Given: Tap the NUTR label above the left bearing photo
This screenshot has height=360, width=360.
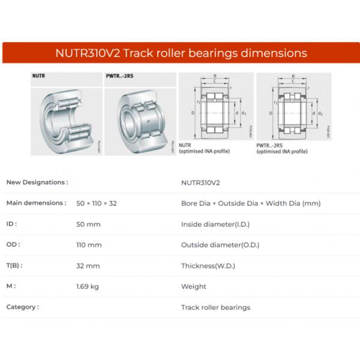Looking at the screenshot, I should [x=39, y=77].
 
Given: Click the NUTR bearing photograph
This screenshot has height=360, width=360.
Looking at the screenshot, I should [x=66, y=117].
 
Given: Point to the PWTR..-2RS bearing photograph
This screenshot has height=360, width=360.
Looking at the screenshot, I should [x=139, y=117].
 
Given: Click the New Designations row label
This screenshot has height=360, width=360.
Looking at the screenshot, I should [x=37, y=182].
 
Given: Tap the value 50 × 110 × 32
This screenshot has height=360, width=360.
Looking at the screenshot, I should [x=97, y=203].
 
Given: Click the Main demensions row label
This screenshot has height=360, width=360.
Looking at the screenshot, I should [x=36, y=203].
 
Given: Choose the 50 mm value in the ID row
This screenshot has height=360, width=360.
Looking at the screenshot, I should [x=89, y=224].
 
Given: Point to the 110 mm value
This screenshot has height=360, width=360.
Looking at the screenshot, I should [x=89, y=245].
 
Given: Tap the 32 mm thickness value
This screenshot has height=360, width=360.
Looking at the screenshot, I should [x=88, y=266].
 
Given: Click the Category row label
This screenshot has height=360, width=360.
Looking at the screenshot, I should [x=23, y=307].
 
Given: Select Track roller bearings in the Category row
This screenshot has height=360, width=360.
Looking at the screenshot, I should [x=215, y=307].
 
